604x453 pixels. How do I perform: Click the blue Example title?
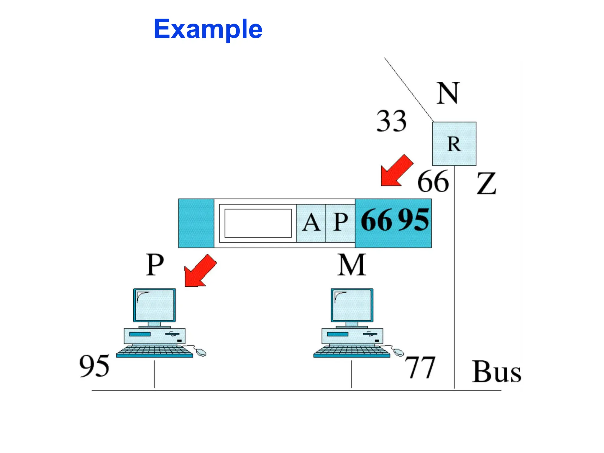tap(208, 29)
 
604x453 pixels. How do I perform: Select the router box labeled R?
tap(454, 144)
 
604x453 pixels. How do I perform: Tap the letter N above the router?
tap(447, 93)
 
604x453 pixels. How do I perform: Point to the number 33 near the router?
tap(391, 121)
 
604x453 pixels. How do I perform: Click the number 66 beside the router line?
tap(433, 182)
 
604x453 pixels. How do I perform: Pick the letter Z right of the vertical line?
tap(486, 183)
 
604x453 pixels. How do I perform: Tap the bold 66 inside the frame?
tap(377, 220)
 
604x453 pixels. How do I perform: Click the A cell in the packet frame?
tap(311, 223)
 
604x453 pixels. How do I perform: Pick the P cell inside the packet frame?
tap(340, 223)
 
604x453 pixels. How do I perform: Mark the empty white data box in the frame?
tap(258, 223)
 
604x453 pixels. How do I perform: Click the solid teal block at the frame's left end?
tap(196, 223)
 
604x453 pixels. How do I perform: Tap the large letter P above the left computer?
tap(155, 265)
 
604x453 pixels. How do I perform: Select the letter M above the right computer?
tap(351, 265)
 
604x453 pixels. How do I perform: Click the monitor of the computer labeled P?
tap(154, 305)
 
